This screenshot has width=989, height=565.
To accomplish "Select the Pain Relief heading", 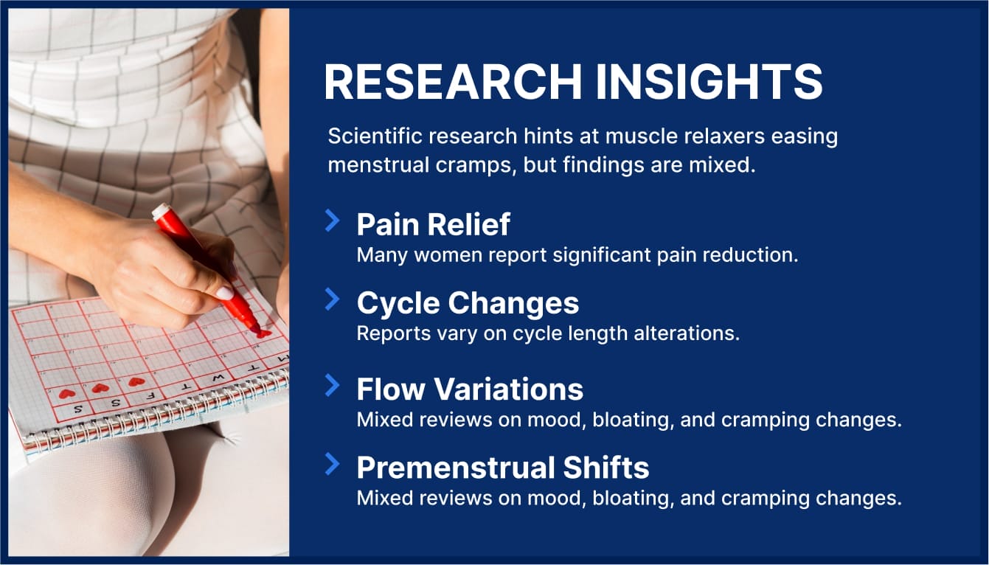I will pos(433,223).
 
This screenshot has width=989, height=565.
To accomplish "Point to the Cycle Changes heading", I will pos(468,303).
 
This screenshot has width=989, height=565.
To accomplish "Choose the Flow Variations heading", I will pos(470,389).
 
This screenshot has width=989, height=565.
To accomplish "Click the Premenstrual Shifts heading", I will pos(503,468).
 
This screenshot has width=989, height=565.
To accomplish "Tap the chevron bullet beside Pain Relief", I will pos(333,220).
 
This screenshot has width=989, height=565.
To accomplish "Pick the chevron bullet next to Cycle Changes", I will pos(333,299).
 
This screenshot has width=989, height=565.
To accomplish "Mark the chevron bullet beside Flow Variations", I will pos(333,385).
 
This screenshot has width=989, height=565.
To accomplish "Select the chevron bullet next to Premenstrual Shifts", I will pos(333,464).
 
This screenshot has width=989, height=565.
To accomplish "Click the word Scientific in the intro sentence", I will pos(372,137).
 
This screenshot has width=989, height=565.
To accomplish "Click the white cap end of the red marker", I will pos(160,211).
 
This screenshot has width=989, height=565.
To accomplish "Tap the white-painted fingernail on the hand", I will pos(224,293).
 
